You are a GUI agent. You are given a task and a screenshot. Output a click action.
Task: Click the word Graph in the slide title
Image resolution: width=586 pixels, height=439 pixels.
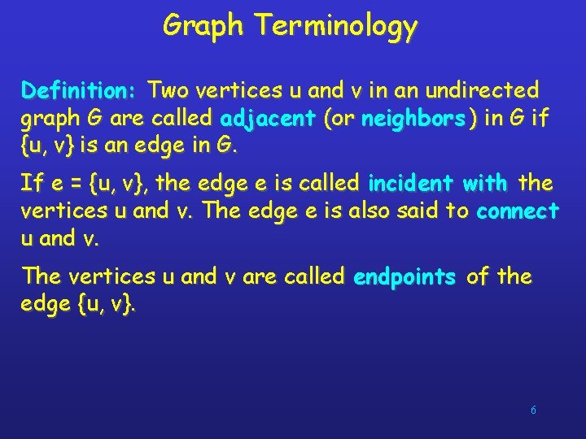pos(203,26)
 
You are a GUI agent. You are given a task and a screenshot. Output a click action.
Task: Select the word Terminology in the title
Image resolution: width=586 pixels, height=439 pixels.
pos(336,26)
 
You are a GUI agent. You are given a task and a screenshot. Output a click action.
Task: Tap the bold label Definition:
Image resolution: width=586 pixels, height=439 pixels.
pos(82,89)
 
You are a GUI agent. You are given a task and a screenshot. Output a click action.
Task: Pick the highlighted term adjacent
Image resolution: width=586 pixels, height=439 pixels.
pos(268,120)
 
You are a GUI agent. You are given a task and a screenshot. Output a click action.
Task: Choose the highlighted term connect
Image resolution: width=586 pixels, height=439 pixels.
pos(518,211)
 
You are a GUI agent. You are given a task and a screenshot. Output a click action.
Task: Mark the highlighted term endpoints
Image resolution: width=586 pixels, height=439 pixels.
pos(405,276)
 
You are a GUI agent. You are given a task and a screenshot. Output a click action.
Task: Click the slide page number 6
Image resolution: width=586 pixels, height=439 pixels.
pos(533,411)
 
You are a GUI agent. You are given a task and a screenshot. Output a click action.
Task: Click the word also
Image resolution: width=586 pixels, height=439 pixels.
pos(370,211)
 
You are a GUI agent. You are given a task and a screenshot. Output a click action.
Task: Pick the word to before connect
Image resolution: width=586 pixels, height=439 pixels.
pos(461,211)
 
